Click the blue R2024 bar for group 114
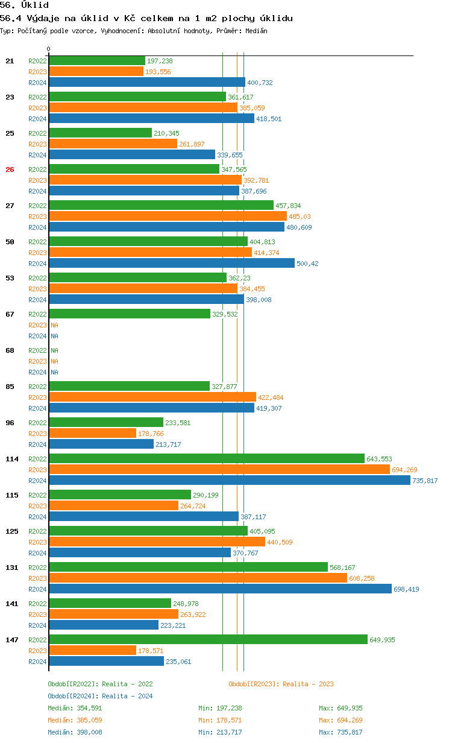(x=230, y=481)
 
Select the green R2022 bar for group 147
(x=208, y=639)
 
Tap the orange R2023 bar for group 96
(x=92, y=433)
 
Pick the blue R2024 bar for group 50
(x=172, y=263)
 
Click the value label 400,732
(x=260, y=83)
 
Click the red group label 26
(x=10, y=169)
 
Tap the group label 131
(x=11, y=568)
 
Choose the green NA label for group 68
(x=54, y=350)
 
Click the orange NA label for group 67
(x=54, y=325)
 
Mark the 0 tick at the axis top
(x=49, y=49)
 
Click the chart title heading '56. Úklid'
(x=24, y=5)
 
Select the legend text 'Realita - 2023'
(x=308, y=684)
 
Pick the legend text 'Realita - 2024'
(x=127, y=696)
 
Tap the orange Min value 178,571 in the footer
(x=229, y=720)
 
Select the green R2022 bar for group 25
(x=100, y=133)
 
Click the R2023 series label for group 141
(x=37, y=615)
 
